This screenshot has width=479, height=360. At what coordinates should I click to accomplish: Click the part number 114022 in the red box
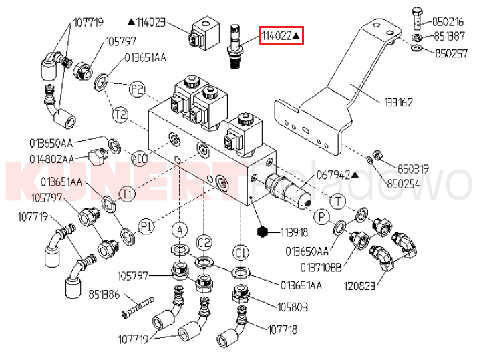click(x=277, y=36)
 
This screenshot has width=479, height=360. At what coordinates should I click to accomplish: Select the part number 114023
click(x=151, y=21)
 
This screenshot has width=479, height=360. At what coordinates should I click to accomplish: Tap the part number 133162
click(x=398, y=102)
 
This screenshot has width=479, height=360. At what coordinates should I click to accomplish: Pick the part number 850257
click(x=450, y=52)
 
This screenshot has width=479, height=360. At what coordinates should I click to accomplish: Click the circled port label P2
click(x=137, y=89)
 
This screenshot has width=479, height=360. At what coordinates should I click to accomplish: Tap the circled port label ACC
click(x=139, y=159)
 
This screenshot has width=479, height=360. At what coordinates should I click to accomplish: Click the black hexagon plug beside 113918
click(x=263, y=232)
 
